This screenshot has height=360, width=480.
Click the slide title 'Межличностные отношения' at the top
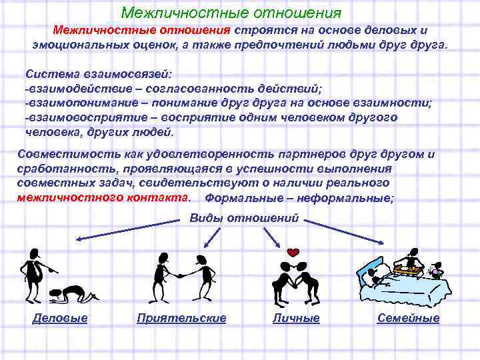click(231, 13)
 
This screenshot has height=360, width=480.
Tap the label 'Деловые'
click(60, 319)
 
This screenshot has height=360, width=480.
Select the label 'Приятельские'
click(181, 319)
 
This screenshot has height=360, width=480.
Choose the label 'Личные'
click(296, 319)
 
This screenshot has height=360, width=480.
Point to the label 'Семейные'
click(408, 319)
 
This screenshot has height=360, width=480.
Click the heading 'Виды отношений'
click(244, 219)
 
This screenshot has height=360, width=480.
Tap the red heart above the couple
click(292, 253)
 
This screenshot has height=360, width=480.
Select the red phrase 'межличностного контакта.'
click(103, 198)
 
